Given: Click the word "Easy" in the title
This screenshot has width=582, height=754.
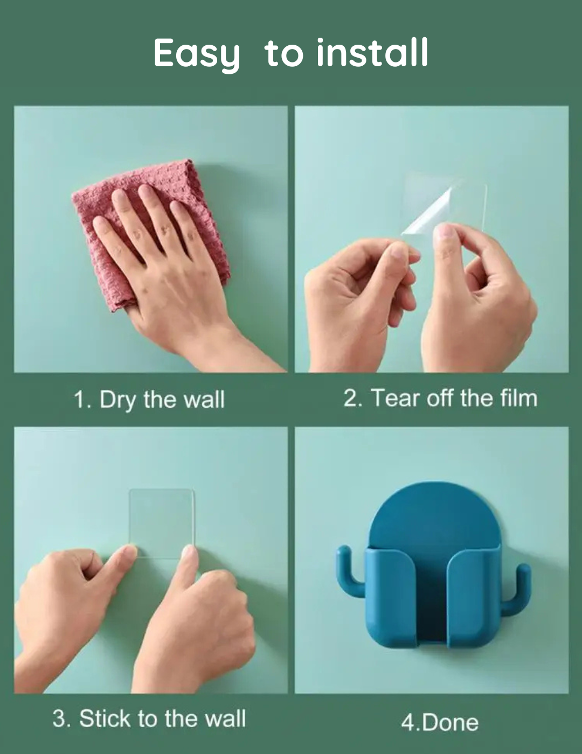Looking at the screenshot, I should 197,54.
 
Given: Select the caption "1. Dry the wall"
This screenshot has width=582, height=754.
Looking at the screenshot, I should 149,400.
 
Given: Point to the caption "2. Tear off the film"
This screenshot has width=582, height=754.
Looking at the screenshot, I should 440,399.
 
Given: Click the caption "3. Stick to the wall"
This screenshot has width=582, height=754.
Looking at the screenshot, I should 149,719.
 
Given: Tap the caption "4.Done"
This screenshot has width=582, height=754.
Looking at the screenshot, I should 439,722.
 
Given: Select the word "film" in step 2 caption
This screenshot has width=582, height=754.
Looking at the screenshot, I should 518,399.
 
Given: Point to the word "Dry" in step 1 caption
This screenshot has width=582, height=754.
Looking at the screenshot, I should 117,400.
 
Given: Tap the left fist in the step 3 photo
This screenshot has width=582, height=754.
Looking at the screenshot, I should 59,598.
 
